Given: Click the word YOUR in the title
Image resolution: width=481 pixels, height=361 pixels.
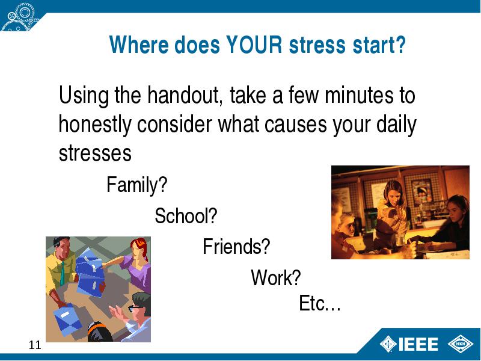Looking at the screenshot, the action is [254, 45].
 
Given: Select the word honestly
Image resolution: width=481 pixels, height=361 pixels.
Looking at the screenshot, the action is [95, 125].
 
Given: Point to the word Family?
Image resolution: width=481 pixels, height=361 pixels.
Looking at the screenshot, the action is [137, 185].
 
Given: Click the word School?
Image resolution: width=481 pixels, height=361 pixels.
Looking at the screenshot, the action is [186, 216].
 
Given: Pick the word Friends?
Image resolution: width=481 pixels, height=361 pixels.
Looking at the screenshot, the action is [236, 247].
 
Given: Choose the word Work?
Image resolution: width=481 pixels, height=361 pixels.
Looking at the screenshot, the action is [276, 277].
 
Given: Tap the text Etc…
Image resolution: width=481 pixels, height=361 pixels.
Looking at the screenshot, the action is [320, 303].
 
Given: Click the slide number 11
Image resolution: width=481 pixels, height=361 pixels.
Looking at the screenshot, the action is [35, 345].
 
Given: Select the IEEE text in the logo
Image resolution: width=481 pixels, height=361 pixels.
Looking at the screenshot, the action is [418, 344].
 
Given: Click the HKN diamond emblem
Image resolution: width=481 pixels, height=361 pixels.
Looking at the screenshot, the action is [461, 344].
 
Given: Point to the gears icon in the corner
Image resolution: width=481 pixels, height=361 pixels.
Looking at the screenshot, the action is [19, 16].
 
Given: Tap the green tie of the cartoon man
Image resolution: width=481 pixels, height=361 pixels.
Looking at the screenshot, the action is [63, 273].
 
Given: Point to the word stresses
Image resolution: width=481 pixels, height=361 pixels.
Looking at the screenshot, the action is [95, 153].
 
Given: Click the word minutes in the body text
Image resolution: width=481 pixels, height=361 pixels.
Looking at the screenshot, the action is [359, 95].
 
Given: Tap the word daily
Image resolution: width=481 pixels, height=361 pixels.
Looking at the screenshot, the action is [396, 125].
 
